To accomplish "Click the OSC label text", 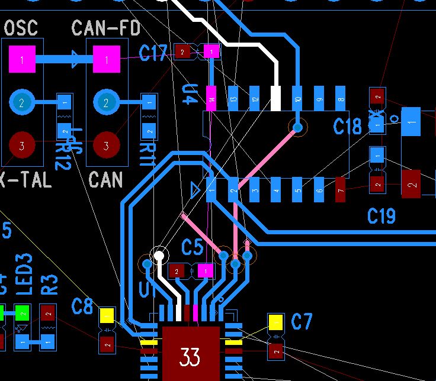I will tap(20, 28).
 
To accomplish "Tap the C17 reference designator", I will tap(153, 53).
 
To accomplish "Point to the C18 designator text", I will tap(348, 127).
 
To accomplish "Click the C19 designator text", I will tap(381, 216).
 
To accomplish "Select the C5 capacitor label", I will tap(192, 247).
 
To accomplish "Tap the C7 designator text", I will tap(302, 322).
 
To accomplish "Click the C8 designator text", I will tap(82, 307).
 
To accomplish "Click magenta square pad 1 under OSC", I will tap(22, 59).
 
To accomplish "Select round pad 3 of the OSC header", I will tap(22, 145).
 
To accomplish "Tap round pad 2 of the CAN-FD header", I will tap(107, 103).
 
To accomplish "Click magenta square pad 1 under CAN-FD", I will tap(107, 59).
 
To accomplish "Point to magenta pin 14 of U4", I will tap(211, 99).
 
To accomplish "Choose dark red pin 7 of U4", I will tap(340, 189).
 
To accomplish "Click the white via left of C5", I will tap(159, 256).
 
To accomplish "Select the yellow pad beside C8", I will tap(107, 315).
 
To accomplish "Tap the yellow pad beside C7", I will tap(275, 322).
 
